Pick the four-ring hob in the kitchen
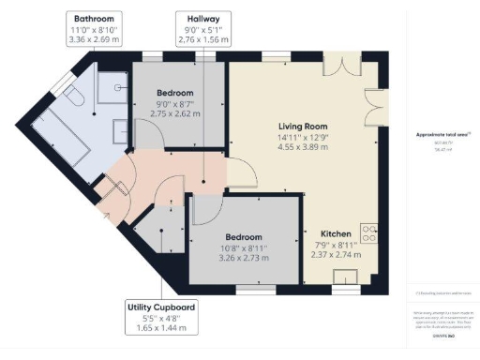coord(368,232)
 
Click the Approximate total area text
coord(442,135)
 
